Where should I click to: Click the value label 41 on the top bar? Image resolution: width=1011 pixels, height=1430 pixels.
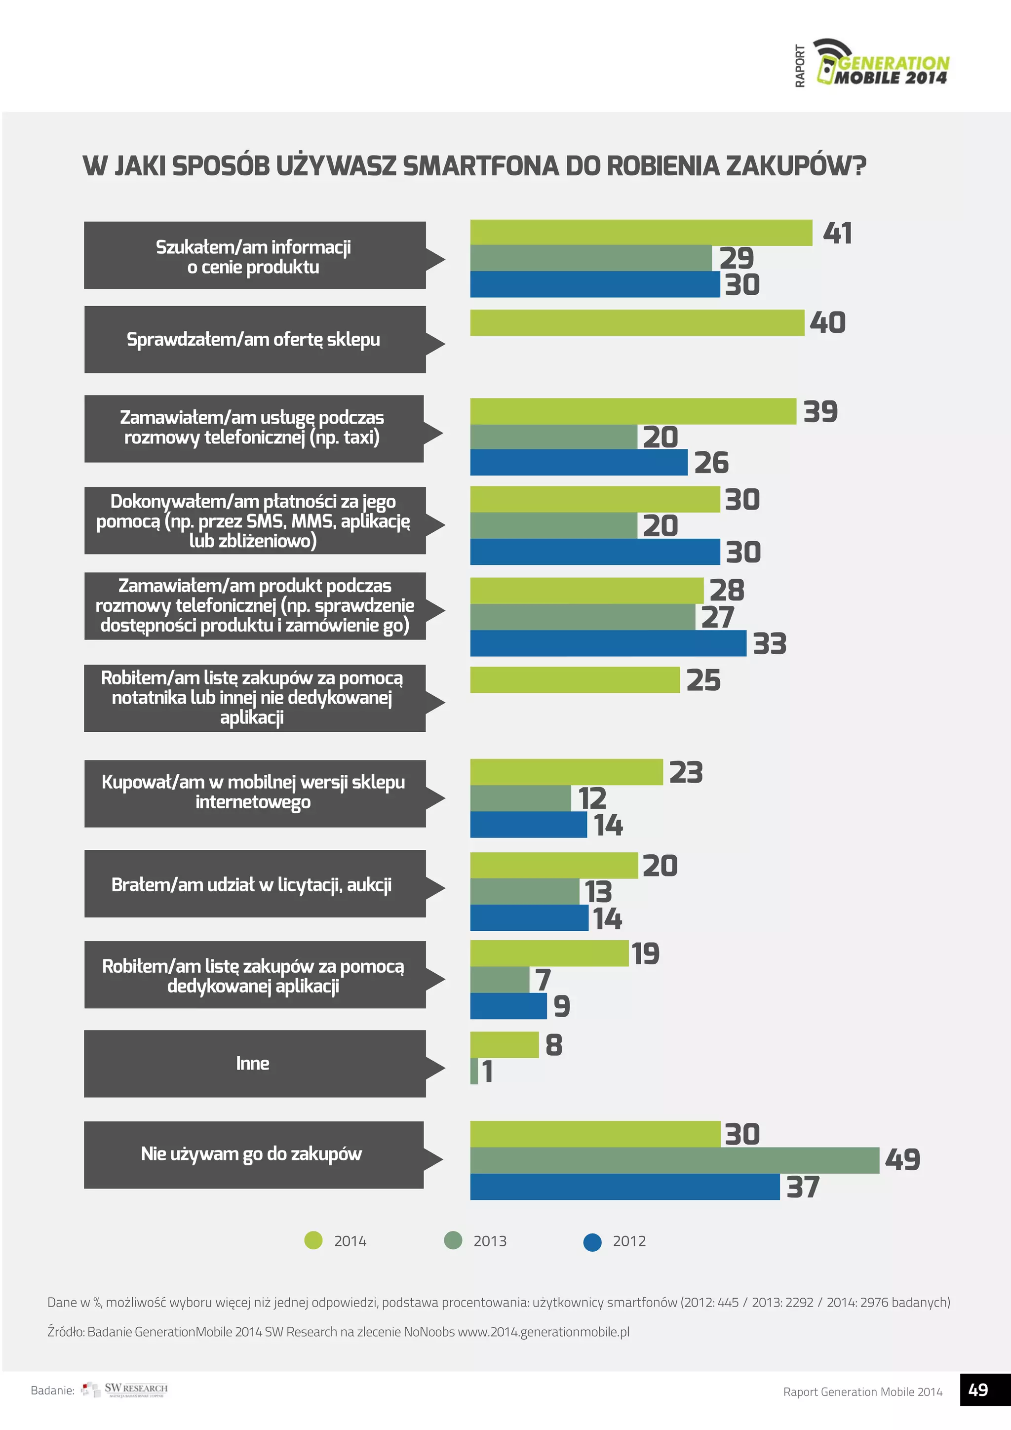[x=837, y=234]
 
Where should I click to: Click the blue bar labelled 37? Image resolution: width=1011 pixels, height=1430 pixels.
[x=624, y=1187]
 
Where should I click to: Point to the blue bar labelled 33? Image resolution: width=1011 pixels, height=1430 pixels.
[x=608, y=643]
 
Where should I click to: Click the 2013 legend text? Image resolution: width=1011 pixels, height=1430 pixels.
[x=490, y=1241]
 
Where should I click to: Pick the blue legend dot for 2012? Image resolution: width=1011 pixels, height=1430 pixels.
[x=592, y=1242]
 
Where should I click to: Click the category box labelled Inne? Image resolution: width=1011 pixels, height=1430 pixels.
[x=254, y=1063]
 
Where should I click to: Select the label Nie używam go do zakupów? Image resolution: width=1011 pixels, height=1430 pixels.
[x=251, y=1154]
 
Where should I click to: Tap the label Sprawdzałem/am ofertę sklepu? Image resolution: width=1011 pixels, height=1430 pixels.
[x=253, y=339]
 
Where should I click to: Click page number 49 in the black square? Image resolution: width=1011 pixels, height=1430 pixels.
[x=978, y=1390]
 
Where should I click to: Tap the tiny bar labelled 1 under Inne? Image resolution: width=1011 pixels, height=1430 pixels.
[x=474, y=1071]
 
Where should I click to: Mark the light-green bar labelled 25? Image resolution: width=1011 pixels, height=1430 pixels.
[x=574, y=680]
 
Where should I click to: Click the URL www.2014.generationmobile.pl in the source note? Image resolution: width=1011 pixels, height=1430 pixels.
[x=544, y=1332]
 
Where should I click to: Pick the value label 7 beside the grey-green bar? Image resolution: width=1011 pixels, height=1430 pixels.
[x=543, y=980]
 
